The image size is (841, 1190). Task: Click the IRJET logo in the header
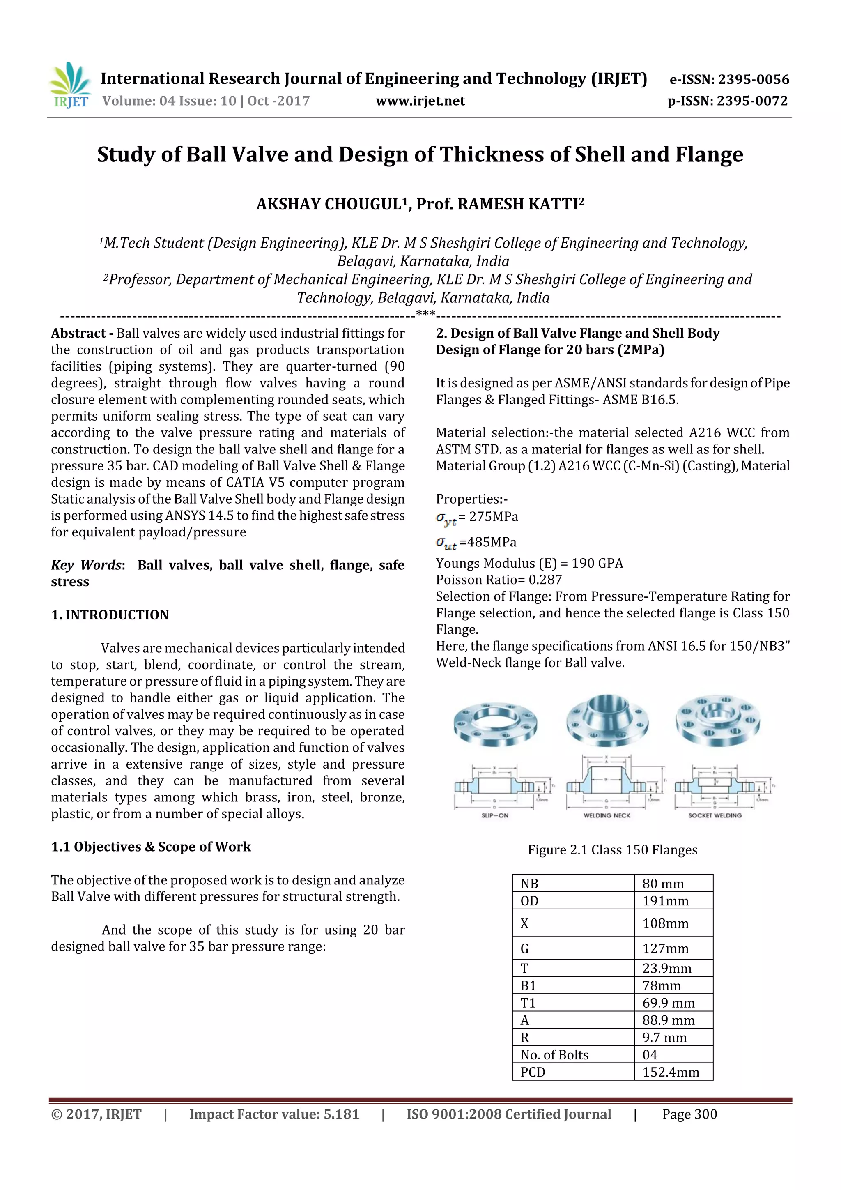point(70,85)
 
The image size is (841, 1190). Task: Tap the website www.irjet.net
point(420,101)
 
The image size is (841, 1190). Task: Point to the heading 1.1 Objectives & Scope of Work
point(151,847)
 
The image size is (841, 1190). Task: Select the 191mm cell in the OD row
point(666,901)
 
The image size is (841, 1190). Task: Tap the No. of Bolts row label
point(554,1055)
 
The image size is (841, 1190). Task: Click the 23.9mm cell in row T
point(667,968)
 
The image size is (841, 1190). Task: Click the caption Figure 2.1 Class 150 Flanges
point(613,850)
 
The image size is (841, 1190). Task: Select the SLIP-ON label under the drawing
point(495,815)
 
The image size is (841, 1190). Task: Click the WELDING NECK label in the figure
point(607,815)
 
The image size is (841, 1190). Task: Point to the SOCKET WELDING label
point(715,815)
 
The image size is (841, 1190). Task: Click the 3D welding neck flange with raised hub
point(607,720)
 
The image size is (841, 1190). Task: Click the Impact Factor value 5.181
point(273,1114)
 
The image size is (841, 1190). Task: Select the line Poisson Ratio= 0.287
point(499,580)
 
